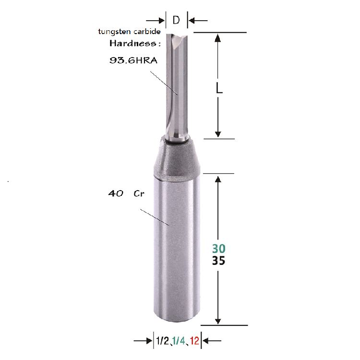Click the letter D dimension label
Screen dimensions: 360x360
[176, 21]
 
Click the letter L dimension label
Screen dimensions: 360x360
[219, 89]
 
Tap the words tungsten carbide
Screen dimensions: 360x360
[129, 32]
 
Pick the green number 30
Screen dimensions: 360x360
[218, 250]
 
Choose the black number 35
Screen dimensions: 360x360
[218, 262]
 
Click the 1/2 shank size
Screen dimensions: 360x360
[161, 341]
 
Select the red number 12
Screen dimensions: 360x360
[194, 341]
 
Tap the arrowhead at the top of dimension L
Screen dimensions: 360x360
[218, 38]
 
